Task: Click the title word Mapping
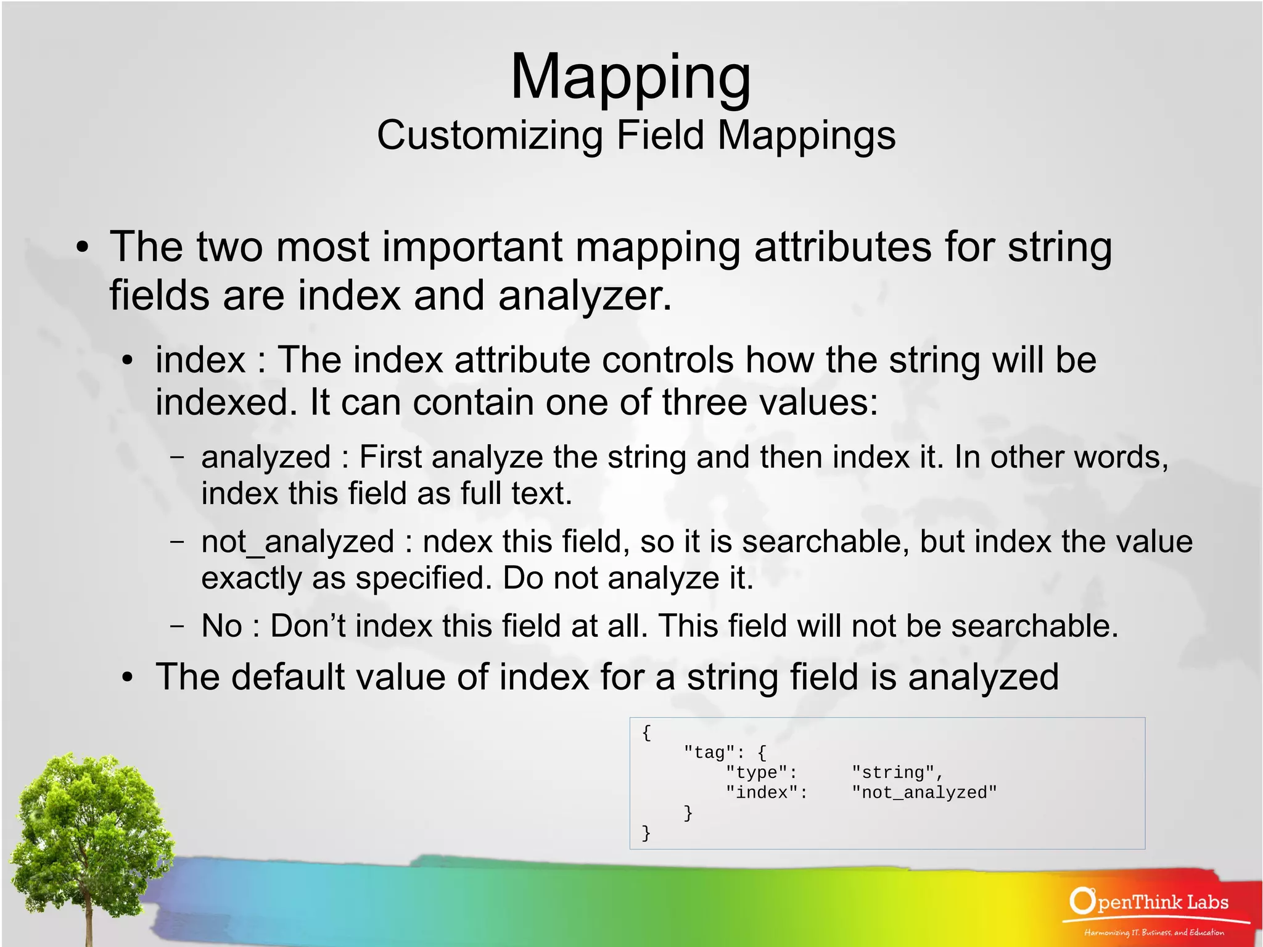630,77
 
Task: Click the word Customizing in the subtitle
490,135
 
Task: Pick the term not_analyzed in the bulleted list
297,542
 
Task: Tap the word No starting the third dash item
221,626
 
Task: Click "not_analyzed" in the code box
923,793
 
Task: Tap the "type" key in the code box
760,772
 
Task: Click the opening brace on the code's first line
646,732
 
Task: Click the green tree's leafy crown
86,814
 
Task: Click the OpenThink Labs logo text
1150,902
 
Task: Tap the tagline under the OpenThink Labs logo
1154,932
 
